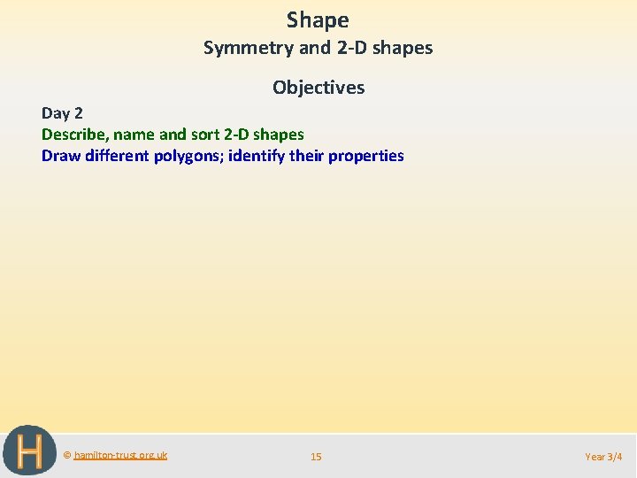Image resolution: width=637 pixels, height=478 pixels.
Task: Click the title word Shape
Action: (x=318, y=20)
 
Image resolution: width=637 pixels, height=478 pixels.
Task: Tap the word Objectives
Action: (x=318, y=87)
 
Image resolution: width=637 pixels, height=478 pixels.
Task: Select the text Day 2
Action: (x=61, y=113)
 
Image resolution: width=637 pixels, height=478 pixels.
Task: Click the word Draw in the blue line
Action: (x=60, y=156)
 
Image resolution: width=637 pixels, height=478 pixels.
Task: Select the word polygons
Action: (x=188, y=157)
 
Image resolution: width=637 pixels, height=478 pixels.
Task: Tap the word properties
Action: (x=366, y=157)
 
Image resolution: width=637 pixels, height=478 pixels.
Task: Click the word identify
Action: (x=257, y=156)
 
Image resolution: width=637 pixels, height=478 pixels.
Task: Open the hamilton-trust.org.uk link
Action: (x=120, y=455)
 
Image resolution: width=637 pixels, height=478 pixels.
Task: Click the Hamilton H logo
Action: (x=29, y=451)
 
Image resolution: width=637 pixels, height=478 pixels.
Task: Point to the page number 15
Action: (x=316, y=457)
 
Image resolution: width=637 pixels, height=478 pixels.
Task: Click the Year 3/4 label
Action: (x=604, y=457)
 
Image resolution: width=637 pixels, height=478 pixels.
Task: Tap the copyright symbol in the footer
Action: (x=67, y=455)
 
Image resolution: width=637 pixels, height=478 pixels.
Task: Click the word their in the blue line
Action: (x=307, y=156)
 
